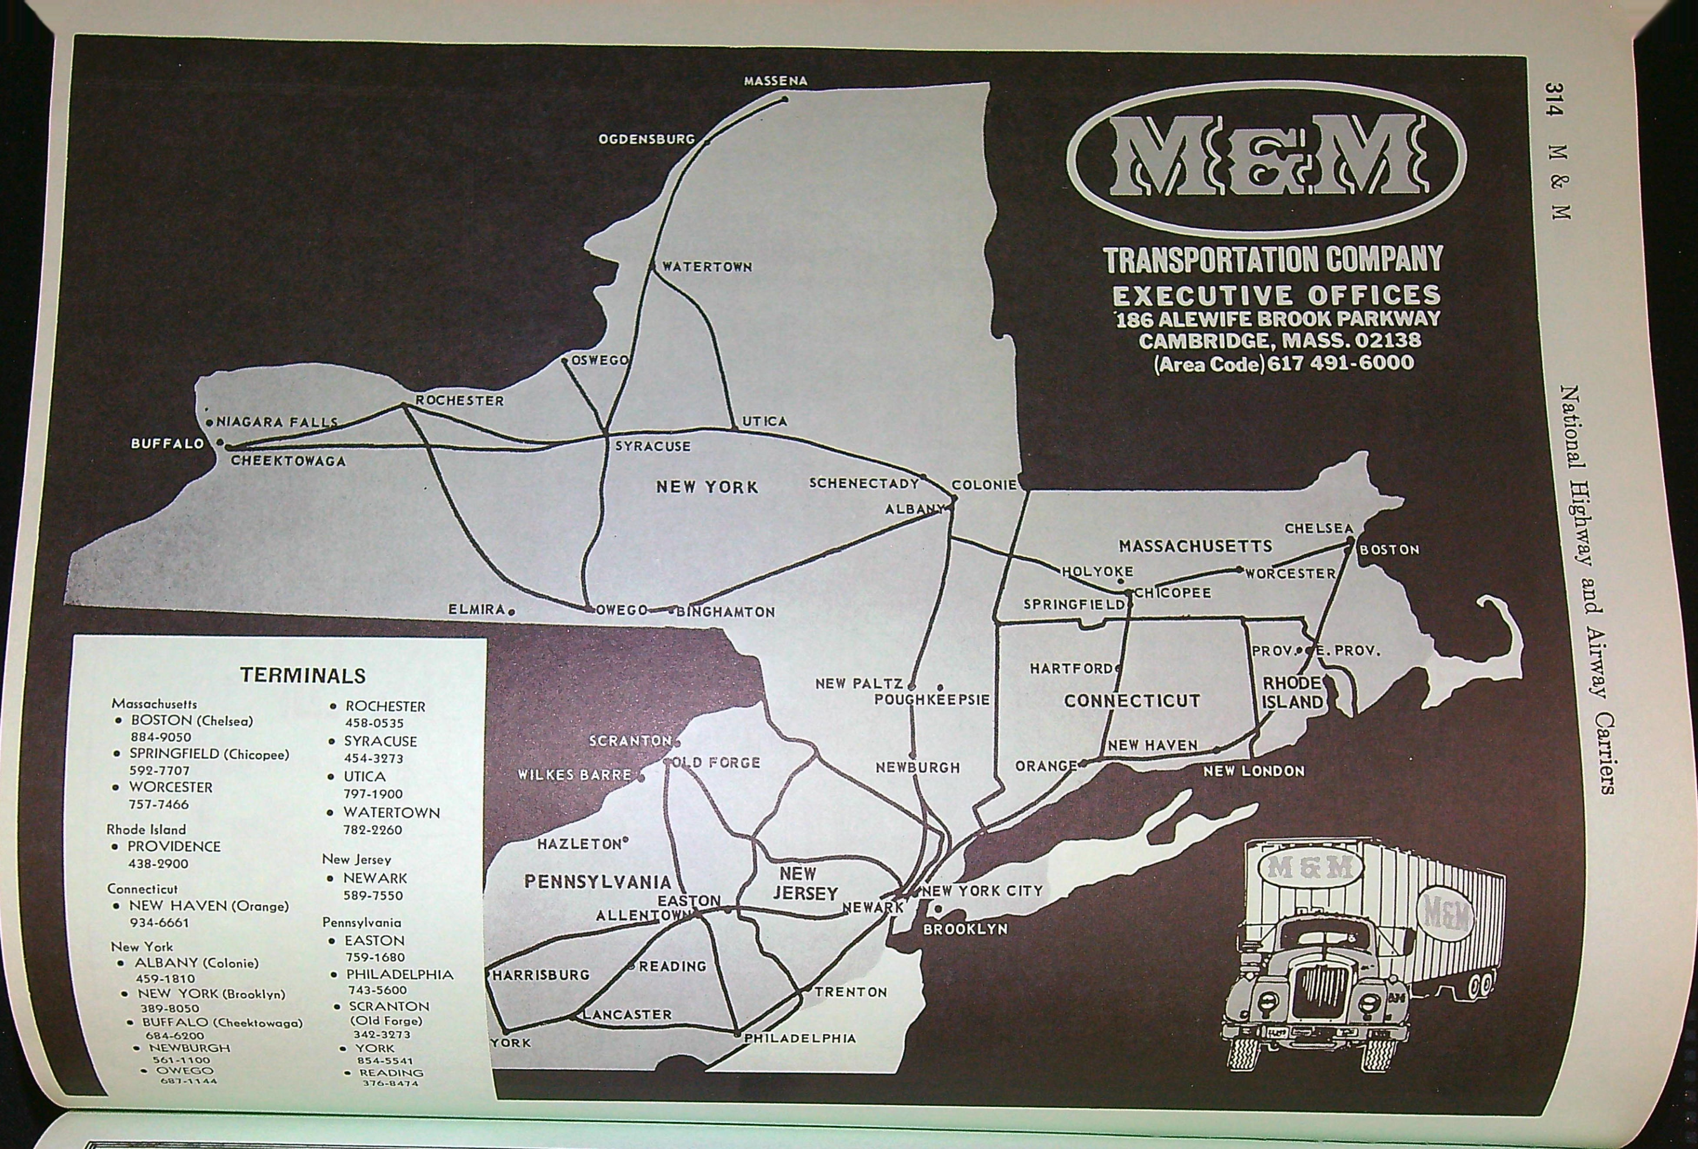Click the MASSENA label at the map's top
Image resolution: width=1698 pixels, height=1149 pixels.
(x=775, y=81)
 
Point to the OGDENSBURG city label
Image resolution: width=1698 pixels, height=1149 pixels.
(x=647, y=139)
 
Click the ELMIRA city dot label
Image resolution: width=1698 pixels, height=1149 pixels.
(x=477, y=609)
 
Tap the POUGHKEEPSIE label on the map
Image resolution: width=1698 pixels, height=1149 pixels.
(x=932, y=700)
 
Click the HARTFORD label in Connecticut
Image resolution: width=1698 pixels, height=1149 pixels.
(x=1071, y=669)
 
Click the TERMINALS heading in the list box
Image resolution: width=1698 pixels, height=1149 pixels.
(x=302, y=675)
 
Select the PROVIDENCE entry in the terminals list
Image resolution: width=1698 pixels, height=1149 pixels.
(x=174, y=847)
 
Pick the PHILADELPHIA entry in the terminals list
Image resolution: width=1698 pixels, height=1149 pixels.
(x=400, y=974)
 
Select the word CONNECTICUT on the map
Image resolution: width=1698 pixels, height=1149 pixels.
(x=1132, y=701)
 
